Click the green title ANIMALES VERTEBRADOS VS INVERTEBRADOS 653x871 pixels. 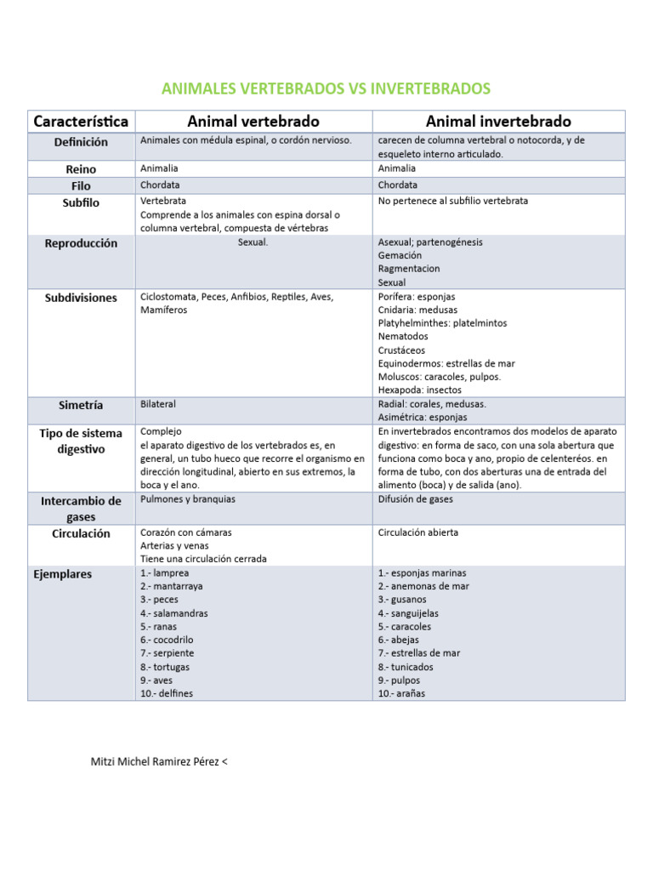[326, 89]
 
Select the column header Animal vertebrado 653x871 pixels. [253, 122]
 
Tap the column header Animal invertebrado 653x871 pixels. [498, 122]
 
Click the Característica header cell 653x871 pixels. [81, 122]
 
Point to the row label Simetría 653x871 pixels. [81, 406]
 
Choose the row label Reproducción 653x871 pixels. [81, 243]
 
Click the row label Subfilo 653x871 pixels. [81, 202]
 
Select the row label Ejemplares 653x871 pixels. [62, 574]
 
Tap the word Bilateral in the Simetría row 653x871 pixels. [158, 404]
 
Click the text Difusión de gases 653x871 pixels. [416, 499]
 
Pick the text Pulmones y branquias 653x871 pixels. [188, 499]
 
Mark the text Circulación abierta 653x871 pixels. [418, 532]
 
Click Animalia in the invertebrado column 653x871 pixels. [397, 168]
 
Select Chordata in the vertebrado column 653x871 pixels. [160, 185]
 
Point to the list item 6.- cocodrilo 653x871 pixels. [168, 640]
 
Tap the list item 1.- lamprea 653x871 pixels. [166, 573]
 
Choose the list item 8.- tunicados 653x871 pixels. [406, 667]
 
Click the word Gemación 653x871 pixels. [400, 255]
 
